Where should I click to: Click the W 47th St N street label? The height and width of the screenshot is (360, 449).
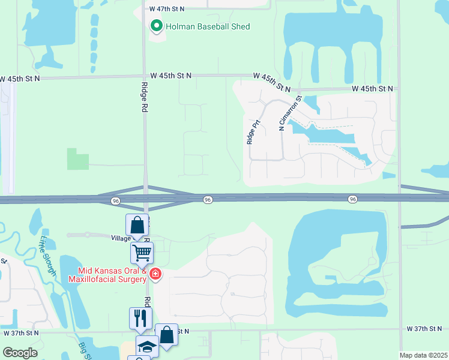[x=167, y=9]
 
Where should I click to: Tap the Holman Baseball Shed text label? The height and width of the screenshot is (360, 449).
[x=208, y=26]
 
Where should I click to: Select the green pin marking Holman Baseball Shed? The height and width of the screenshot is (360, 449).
[x=157, y=26]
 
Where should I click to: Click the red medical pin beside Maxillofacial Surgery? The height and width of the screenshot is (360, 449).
[x=155, y=275]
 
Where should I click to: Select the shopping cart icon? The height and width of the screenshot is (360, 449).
[x=142, y=252]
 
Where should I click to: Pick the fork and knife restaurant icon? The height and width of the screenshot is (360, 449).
[x=140, y=317]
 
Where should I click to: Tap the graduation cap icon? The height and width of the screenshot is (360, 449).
[x=147, y=346]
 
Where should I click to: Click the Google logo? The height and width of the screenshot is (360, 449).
[x=20, y=352]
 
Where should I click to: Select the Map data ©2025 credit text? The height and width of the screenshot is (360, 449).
[x=423, y=355]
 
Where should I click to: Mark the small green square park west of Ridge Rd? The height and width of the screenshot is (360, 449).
[x=77, y=159]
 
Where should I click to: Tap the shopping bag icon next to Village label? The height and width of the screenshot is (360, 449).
[x=137, y=225]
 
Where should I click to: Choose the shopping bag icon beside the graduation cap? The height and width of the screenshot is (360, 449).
[x=166, y=334]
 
